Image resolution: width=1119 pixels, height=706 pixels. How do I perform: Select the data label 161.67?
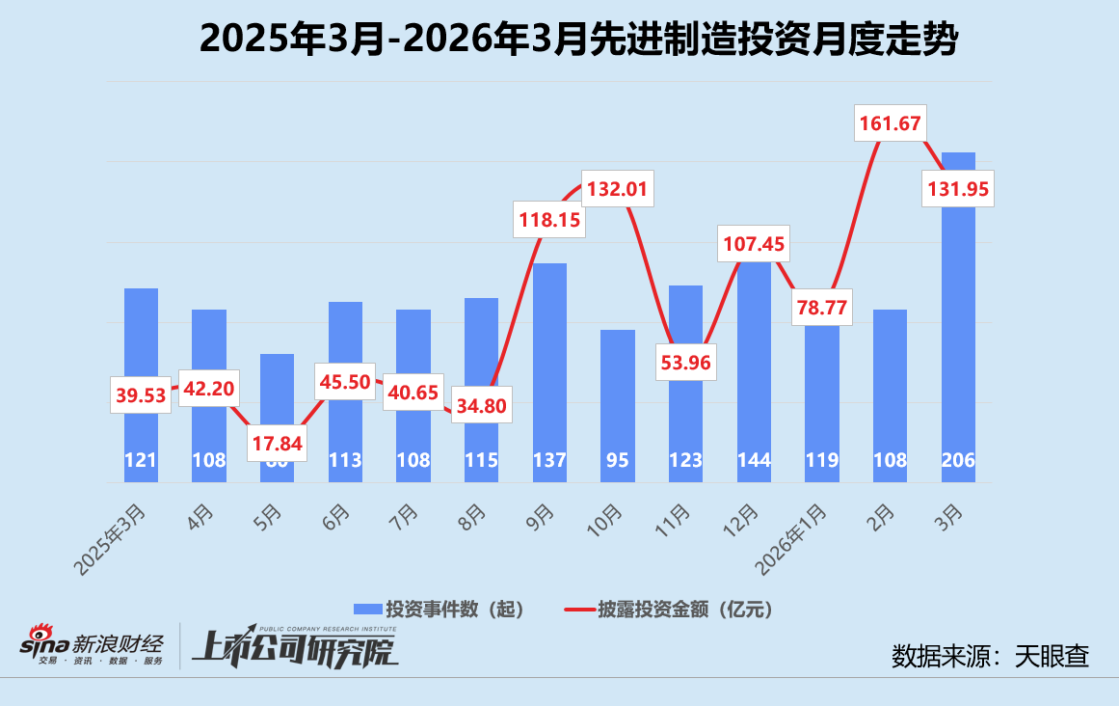[889, 123]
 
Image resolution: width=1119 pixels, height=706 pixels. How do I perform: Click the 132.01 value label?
[617, 187]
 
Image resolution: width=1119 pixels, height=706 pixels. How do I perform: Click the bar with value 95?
[617, 405]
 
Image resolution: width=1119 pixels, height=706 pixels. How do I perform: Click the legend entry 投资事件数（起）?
[440, 609]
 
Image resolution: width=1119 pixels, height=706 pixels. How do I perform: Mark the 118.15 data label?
[549, 220]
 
